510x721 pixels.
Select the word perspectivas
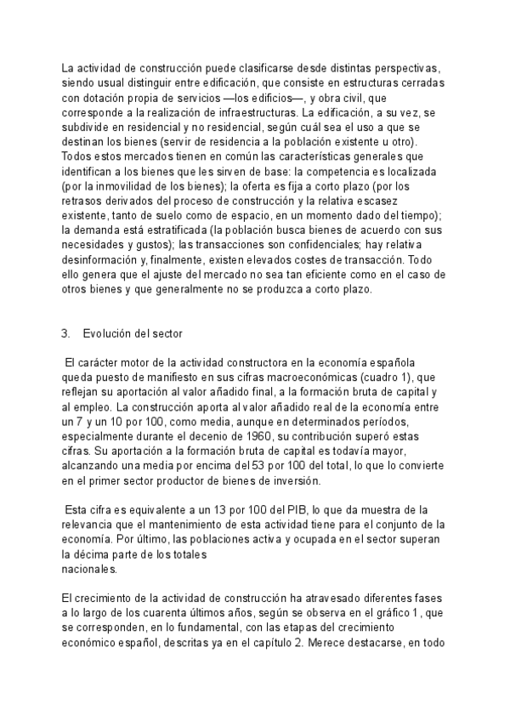tap(408, 67)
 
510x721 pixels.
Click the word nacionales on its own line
tap(90, 569)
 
